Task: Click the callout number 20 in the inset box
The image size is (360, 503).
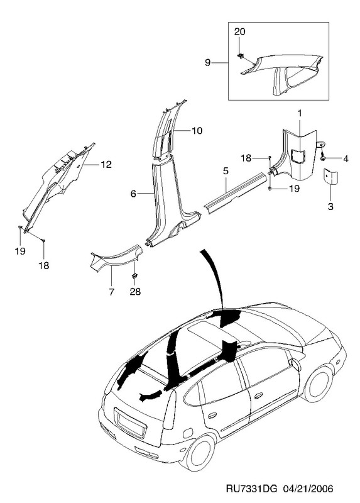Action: point(239,31)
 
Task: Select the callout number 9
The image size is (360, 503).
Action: point(208,62)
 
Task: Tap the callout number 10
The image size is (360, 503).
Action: point(197,131)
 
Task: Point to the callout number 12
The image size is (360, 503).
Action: point(106,165)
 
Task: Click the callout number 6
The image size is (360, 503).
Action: point(133,194)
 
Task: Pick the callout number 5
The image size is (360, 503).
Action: point(226,171)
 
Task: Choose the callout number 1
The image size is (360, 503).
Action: point(300,113)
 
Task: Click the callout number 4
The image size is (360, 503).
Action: point(346,158)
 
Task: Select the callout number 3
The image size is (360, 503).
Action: point(330,207)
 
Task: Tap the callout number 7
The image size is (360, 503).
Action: point(111,292)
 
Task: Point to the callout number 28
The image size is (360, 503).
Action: point(135,292)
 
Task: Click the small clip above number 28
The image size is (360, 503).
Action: point(134,276)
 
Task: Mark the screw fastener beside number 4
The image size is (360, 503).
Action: point(323,157)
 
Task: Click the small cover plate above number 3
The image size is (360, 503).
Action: point(330,176)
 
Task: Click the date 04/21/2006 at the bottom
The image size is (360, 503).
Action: point(308,489)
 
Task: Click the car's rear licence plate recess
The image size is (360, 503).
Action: point(131,423)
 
